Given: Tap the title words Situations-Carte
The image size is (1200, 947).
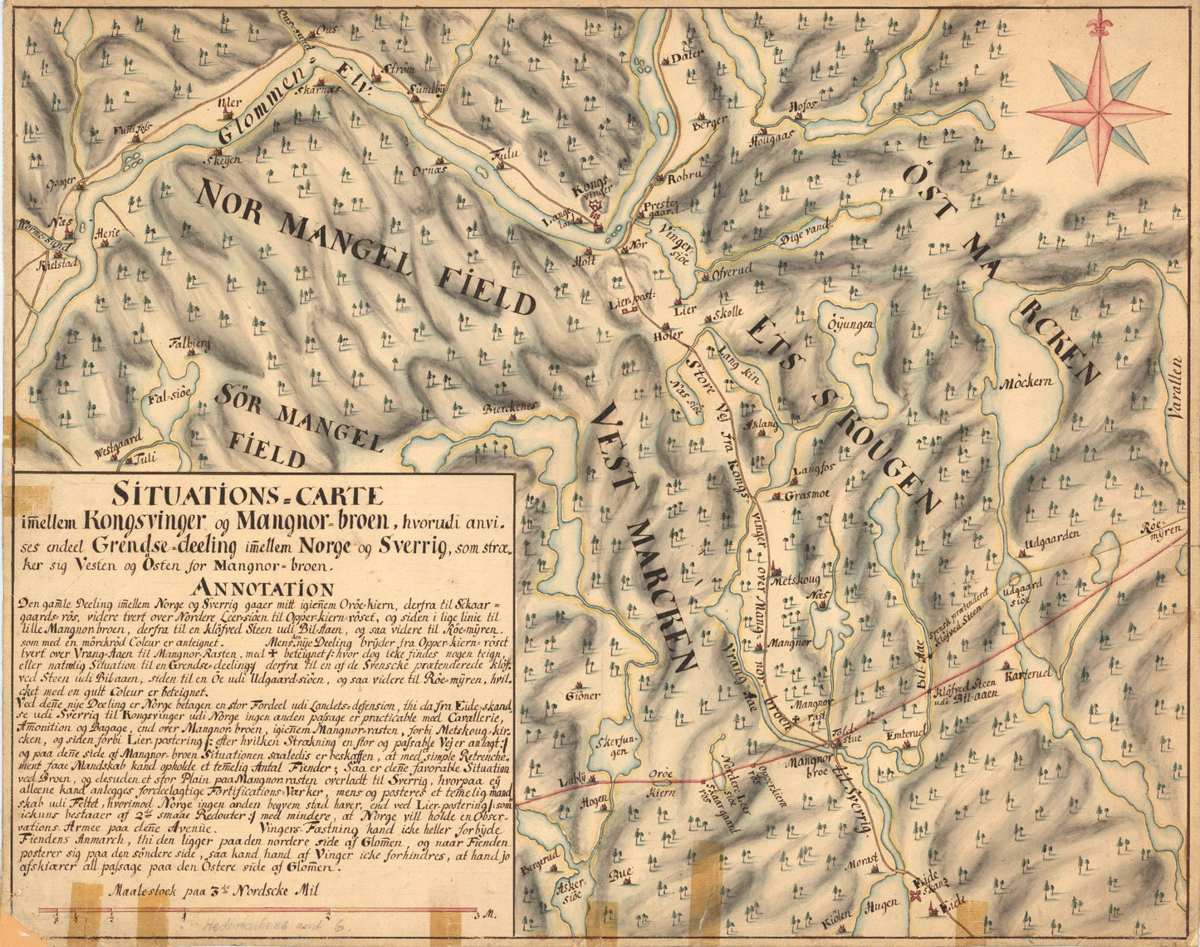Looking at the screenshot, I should [248, 496].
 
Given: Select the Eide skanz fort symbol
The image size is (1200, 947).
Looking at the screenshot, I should [916, 894].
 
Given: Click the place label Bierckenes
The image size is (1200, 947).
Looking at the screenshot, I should [511, 406].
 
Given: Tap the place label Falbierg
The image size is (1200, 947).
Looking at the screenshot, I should [190, 341].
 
